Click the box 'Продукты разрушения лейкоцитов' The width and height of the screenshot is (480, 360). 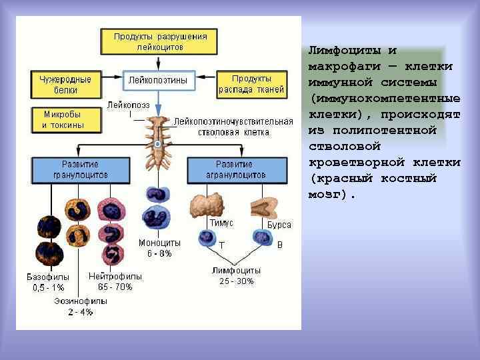(159, 41)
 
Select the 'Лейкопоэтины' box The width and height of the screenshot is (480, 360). (158, 81)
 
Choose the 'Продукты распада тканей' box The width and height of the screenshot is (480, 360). (251, 84)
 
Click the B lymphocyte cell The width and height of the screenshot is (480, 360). (262, 237)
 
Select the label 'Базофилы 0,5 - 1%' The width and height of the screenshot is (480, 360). (48, 282)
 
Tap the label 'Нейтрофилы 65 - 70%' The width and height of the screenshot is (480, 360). (115, 281)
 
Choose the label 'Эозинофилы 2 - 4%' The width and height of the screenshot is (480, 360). (80, 306)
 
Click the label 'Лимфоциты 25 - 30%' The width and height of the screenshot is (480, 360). (236, 276)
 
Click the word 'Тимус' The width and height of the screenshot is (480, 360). (221, 224)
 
